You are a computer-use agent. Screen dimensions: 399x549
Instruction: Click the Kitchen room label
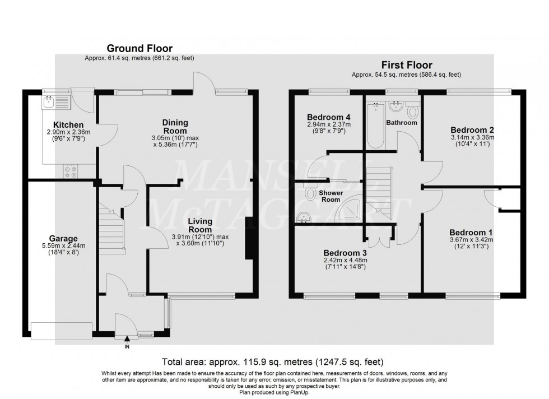click(68, 124)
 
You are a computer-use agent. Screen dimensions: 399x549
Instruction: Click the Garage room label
click(63, 238)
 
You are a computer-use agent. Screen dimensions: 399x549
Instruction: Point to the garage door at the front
click(62, 331)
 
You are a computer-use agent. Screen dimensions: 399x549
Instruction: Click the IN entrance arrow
click(127, 338)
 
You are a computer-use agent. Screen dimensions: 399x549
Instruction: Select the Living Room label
click(200, 225)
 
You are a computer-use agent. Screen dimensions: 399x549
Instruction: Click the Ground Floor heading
click(139, 49)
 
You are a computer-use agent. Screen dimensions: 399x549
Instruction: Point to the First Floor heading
click(406, 65)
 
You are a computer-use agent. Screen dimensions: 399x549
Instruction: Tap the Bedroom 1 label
click(467, 233)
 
